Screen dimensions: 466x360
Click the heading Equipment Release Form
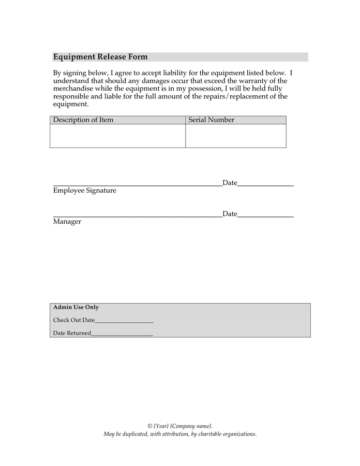click(100, 57)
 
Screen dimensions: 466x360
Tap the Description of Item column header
click(83, 120)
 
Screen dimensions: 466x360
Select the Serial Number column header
click(211, 120)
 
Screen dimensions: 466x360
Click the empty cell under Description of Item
click(118, 136)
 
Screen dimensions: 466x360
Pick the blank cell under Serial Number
click(236, 136)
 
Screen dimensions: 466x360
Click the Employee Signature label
click(85, 191)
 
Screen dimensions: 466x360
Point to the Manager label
click(67, 222)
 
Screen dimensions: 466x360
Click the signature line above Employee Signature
click(138, 185)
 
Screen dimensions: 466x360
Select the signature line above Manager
click(138, 216)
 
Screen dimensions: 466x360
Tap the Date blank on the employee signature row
click(265, 185)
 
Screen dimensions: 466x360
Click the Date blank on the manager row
click(265, 216)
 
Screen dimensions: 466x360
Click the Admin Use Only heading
click(76, 308)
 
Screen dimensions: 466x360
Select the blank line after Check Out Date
click(124, 322)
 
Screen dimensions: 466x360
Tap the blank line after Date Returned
click(122, 335)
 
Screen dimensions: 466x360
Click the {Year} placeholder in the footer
click(161, 426)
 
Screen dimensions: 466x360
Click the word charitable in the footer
click(209, 434)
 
